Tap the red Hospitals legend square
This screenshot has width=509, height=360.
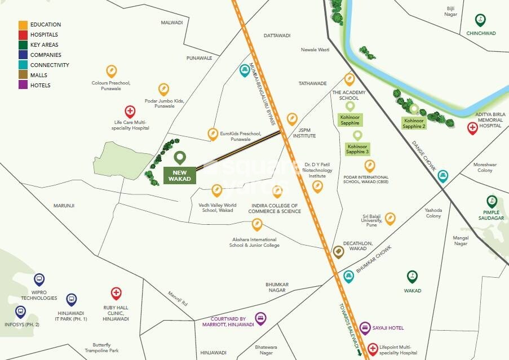(x=23, y=35)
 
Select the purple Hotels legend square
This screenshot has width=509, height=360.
(x=23, y=86)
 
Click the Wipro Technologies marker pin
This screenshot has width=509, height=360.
(x=39, y=279)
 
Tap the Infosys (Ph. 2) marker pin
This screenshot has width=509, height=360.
(x=20, y=311)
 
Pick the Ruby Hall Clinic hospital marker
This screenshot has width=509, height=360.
(x=116, y=294)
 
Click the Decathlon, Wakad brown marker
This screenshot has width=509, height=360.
(x=338, y=252)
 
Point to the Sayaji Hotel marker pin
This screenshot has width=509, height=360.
(x=365, y=327)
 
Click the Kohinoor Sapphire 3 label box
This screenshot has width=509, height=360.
(x=357, y=149)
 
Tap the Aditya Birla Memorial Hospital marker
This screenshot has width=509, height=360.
(x=472, y=128)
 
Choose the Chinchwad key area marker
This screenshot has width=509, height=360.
(x=480, y=20)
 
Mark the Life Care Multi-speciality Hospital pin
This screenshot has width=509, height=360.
(x=130, y=111)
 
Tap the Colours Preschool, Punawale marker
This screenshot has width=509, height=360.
(x=112, y=72)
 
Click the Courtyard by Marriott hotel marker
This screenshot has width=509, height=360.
(x=260, y=318)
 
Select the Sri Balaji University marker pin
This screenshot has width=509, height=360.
(x=390, y=219)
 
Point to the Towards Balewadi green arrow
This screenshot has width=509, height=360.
(x=359, y=353)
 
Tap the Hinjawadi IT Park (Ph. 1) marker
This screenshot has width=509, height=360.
(x=72, y=300)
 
